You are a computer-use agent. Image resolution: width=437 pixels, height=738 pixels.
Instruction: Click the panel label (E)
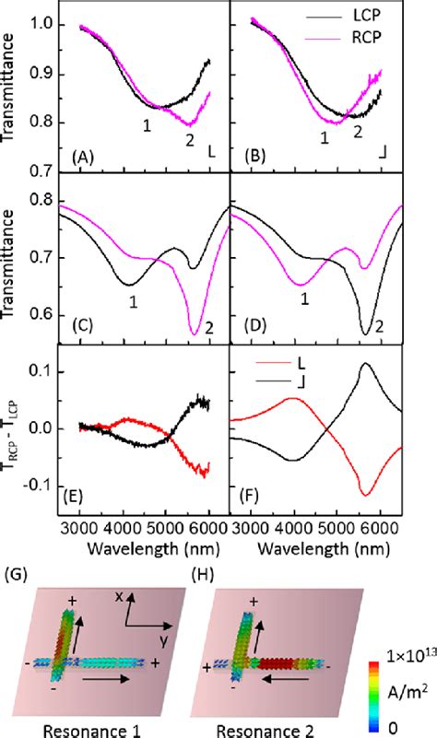83,503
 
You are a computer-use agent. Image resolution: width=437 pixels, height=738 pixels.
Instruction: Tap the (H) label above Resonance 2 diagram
202,574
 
